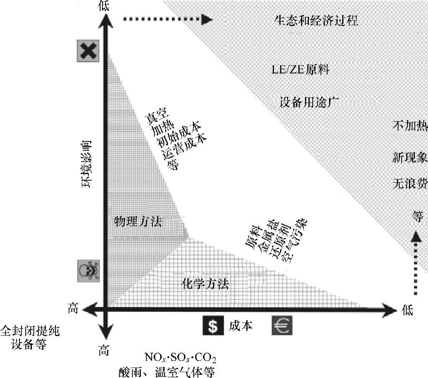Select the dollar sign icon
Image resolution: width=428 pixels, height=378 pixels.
tap(213, 326)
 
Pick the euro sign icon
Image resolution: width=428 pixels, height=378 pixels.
tap(282, 326)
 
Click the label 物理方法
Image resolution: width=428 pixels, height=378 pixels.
tap(138, 222)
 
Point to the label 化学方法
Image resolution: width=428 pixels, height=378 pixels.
tap(205, 285)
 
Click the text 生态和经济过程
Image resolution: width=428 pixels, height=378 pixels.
tap(316, 21)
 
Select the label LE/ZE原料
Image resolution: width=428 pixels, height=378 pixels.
tap(300, 70)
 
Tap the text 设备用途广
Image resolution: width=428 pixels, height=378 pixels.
tap(310, 103)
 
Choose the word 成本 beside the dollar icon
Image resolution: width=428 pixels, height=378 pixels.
tap(241, 326)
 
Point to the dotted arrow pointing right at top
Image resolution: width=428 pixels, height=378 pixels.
tap(167, 20)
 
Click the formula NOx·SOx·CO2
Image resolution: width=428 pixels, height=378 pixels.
tap(180, 357)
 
